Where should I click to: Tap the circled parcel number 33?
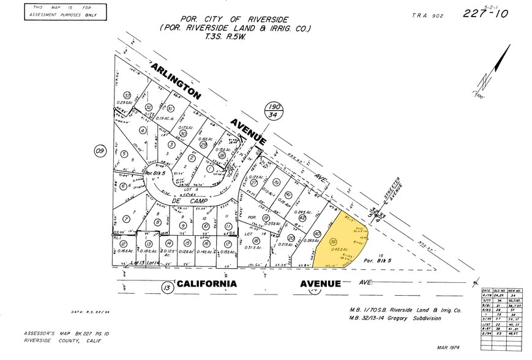[x=127, y=96]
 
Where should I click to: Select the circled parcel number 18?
[x=256, y=241]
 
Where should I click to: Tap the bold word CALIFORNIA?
[x=207, y=283]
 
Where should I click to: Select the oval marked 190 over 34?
[x=274, y=111]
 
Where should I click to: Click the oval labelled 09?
[x=100, y=150]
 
